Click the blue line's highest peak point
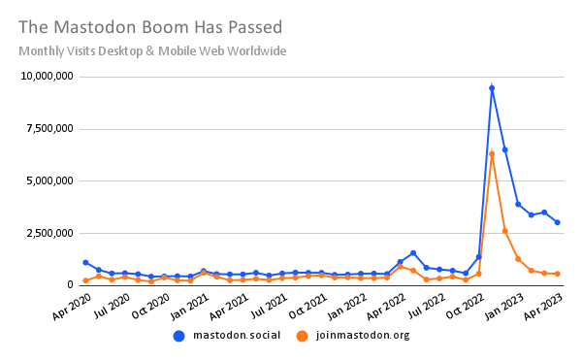point(492,88)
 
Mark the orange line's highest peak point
point(492,153)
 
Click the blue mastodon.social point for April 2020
point(85,262)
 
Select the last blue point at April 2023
point(557,222)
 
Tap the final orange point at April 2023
point(557,274)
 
